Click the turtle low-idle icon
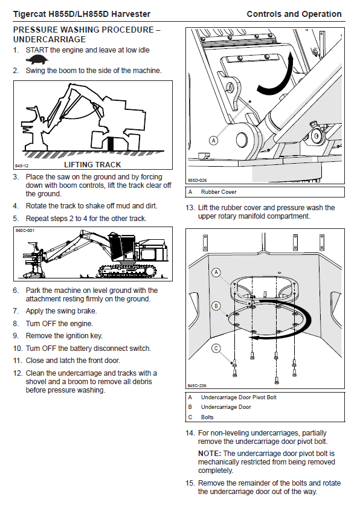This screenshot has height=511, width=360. pyautogui.click(x=37, y=60)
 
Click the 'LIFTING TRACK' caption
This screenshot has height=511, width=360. pyautogui.click(x=92, y=164)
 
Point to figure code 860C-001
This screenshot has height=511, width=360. pyautogui.click(x=25, y=230)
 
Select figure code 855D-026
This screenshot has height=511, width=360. pyautogui.click(x=197, y=180)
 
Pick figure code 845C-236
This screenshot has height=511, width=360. pyautogui.click(x=197, y=385)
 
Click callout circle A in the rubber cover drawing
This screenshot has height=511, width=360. pyautogui.click(x=213, y=141)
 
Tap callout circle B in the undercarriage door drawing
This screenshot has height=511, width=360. pyautogui.click(x=216, y=306)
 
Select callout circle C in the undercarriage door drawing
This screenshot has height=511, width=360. pyautogui.click(x=216, y=349)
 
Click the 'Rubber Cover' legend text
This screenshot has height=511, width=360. pyautogui.click(x=219, y=192)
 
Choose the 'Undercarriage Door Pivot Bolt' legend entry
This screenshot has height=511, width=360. pyautogui.click(x=239, y=397)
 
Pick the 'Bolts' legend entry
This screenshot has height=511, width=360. pyautogui.click(x=207, y=417)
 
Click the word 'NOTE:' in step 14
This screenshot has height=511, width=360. pyautogui.click(x=210, y=454)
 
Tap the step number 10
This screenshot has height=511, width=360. pyautogui.click(x=18, y=349)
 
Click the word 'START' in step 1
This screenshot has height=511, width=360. pyautogui.click(x=37, y=50)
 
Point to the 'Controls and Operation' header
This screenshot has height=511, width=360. pyautogui.click(x=294, y=14)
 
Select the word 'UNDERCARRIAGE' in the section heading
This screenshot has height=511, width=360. pyautogui.click(x=50, y=39)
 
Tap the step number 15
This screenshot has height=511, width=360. pyautogui.click(x=190, y=483)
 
